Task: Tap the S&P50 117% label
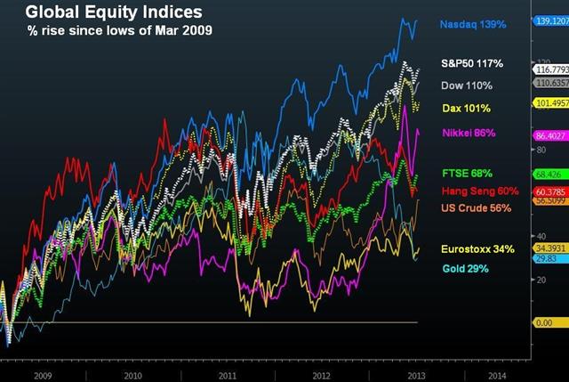(473, 64)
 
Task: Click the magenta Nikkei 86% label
(468, 134)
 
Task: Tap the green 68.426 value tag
(547, 175)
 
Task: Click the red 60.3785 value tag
(549, 191)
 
